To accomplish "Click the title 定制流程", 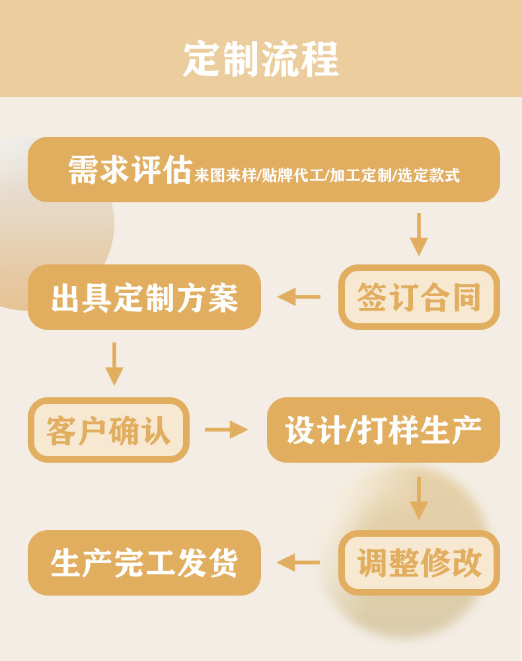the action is pos(261,59).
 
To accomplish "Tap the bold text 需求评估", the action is pos(130,171).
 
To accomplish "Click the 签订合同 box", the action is pos(419,297).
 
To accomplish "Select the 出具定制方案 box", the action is pos(144,297).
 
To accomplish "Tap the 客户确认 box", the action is pos(108,430).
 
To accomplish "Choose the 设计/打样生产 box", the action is pos(383,430).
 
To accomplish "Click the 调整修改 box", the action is pos(419,563).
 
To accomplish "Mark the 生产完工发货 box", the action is pos(144,563).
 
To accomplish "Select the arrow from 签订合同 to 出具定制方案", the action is pos(299,297).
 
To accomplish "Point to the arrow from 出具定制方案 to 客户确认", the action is pos(114,364).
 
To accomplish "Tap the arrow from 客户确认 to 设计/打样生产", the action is pos(226,430).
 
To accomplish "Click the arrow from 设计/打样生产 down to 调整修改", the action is pos(419,498).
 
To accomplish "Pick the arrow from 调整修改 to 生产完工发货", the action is pos(299,563).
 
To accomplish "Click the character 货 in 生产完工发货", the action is pos(223,563).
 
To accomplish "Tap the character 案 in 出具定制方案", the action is pos(223,297).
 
